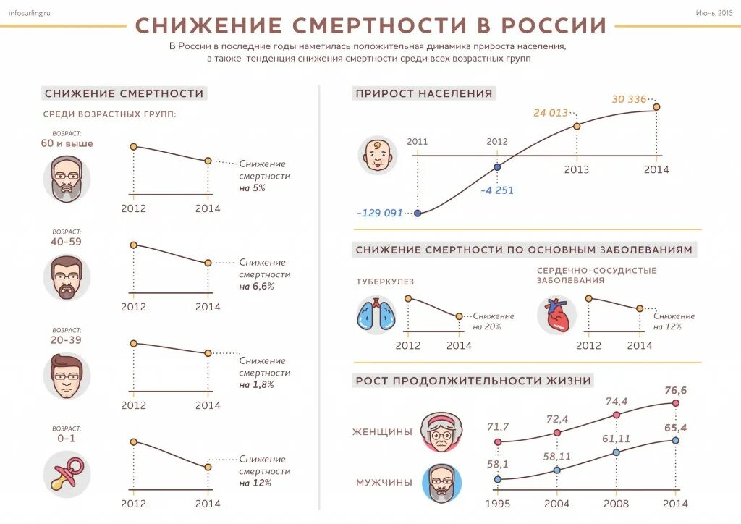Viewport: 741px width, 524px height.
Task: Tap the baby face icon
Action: (x=378, y=155)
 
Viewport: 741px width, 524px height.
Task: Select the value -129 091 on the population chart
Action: (x=379, y=214)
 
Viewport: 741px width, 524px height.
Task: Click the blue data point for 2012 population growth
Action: (x=497, y=167)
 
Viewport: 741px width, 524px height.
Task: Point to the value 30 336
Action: (x=628, y=99)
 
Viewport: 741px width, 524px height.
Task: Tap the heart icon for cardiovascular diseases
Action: (x=556, y=316)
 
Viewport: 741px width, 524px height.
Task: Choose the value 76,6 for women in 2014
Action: (x=675, y=391)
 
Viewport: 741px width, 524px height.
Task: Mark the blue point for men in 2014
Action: (x=675, y=440)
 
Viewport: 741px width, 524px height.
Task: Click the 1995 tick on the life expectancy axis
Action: (x=497, y=504)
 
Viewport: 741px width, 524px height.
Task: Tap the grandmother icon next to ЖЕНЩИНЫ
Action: (x=441, y=431)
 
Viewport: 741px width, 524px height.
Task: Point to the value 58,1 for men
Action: (x=497, y=464)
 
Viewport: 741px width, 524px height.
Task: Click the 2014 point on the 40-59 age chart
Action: (x=208, y=263)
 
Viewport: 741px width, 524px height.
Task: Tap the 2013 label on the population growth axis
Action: (x=577, y=170)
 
